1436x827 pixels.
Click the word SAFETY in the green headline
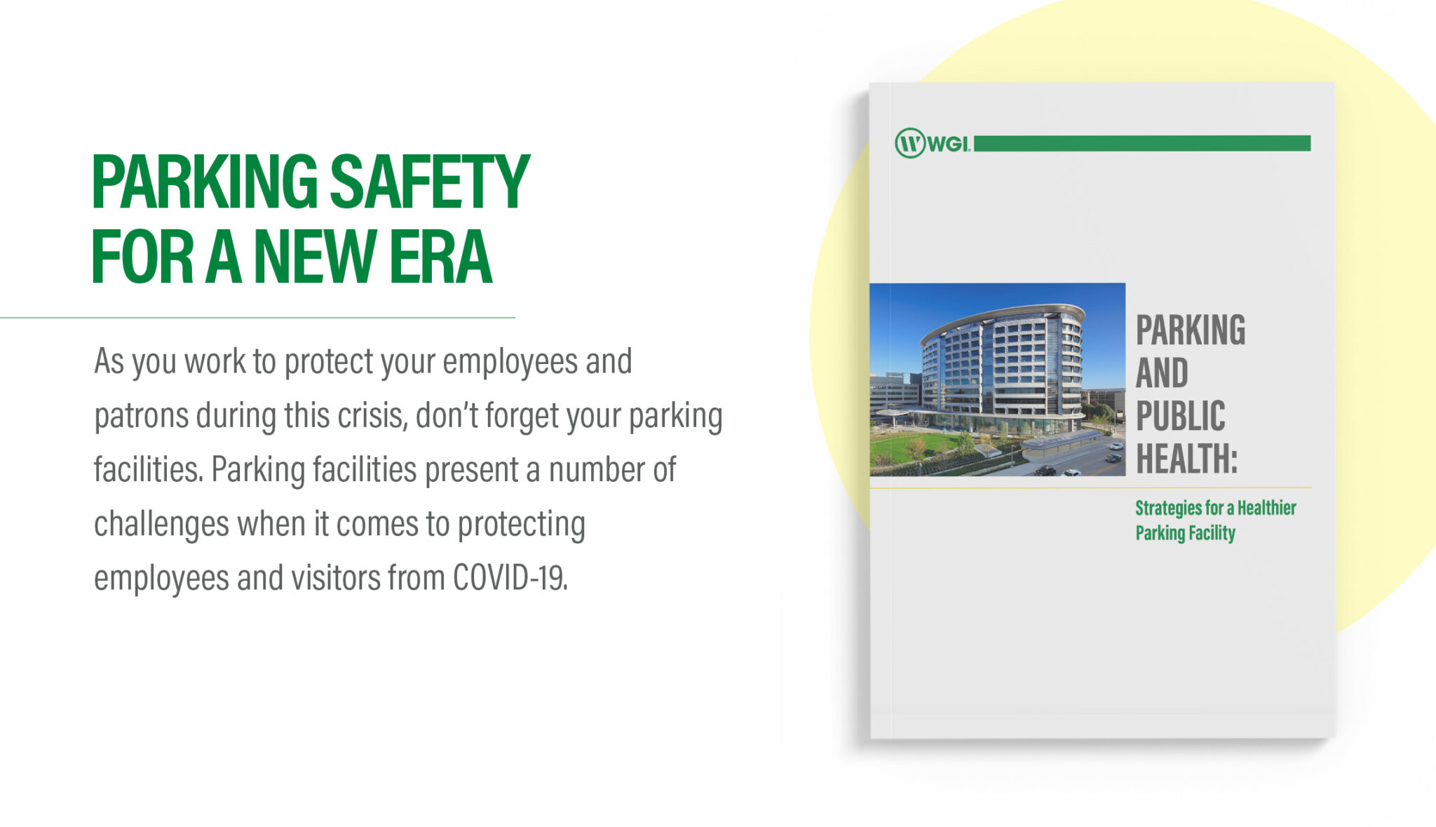[429, 182]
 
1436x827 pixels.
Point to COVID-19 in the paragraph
[510, 578]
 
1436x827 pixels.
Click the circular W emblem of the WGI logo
[910, 143]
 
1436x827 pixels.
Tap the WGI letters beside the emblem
[949, 144]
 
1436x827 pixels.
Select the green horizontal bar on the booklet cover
[1142, 143]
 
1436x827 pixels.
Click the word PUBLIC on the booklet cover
[1181, 416]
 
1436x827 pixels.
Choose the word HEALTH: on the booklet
[1186, 459]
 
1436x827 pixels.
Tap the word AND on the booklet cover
[1162, 373]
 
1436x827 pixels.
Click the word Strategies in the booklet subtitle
[1168, 509]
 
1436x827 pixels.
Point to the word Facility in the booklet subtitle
[1211, 534]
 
